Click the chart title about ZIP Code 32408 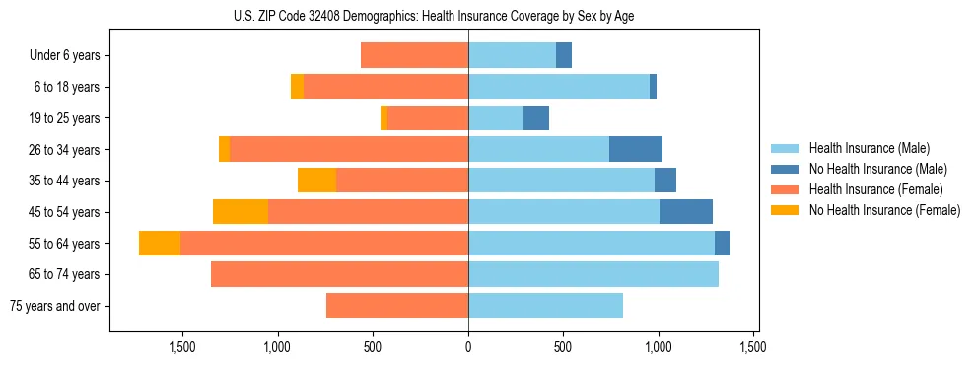tap(434, 16)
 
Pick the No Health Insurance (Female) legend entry tap(883, 210)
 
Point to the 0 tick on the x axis tap(468, 347)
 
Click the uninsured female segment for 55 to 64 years tap(160, 244)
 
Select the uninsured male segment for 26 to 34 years tap(636, 149)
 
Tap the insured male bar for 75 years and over tap(545, 306)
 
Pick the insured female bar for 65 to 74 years tap(339, 274)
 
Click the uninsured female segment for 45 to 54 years tap(241, 212)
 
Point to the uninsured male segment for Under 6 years tap(564, 55)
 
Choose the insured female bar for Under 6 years tap(414, 55)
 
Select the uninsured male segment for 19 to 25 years tap(536, 118)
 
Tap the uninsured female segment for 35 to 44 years tap(316, 181)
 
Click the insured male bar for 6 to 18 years tap(559, 87)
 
